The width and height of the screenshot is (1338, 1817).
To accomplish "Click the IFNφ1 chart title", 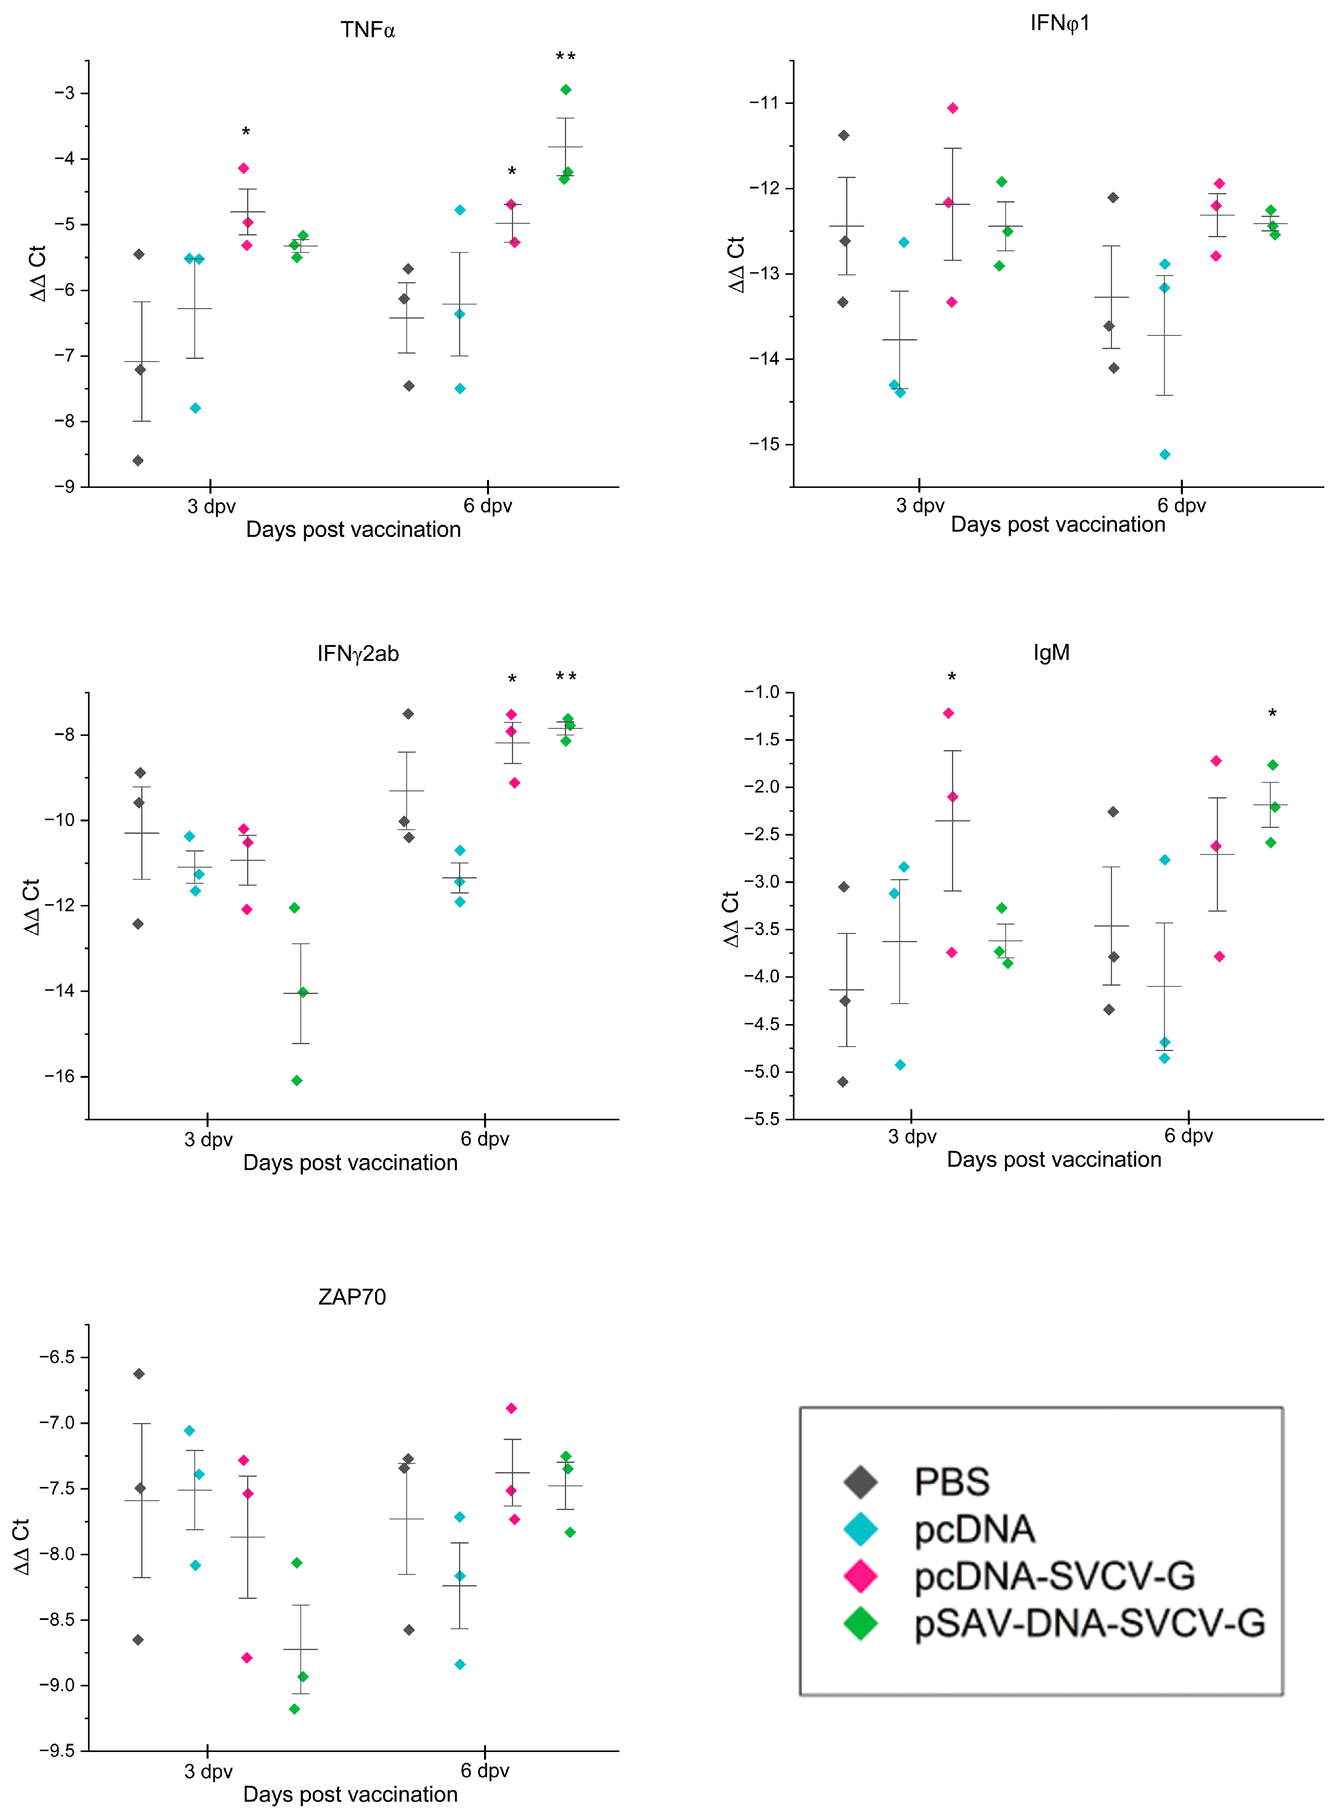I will tap(1060, 24).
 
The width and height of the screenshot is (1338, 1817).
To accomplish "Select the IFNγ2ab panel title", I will tap(358, 654).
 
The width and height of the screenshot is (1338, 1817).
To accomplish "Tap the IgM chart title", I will tap(1051, 653).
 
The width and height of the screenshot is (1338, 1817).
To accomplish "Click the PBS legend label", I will tap(952, 1482).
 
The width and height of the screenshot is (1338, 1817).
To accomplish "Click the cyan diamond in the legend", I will tap(860, 1528).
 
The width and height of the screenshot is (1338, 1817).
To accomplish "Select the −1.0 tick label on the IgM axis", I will tap(761, 692).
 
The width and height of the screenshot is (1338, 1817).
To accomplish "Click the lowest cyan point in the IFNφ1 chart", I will tap(1165, 455).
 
